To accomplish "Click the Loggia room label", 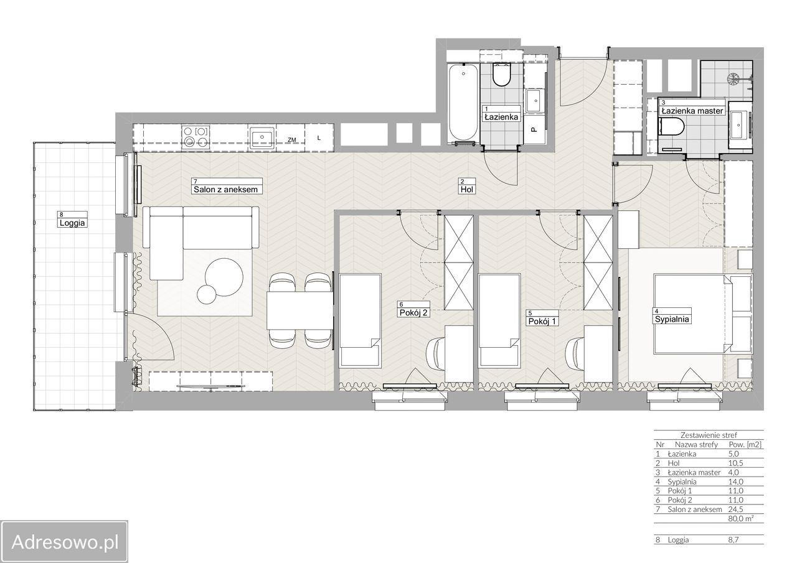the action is point(72,223).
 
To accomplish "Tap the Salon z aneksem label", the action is point(225,190).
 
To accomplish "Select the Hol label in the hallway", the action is point(466,190).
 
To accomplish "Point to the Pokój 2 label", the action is point(413,312).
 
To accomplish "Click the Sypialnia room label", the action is point(672,319).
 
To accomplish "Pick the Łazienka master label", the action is point(692,111).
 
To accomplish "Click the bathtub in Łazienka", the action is point(463,103).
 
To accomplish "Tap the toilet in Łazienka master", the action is point(671,126).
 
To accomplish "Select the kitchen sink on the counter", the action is point(262,137).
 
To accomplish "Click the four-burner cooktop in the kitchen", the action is point(196,137).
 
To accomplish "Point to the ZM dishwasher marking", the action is point(292,140).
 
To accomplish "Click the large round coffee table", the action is point(224,277).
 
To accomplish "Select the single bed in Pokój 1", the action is point(499,320).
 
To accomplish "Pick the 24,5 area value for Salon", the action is point(735,509).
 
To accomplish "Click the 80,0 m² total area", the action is point(740,519).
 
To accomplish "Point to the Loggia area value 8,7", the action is point(733,540).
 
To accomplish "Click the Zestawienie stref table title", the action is point(709,435).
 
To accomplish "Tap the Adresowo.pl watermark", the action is point(65,542).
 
